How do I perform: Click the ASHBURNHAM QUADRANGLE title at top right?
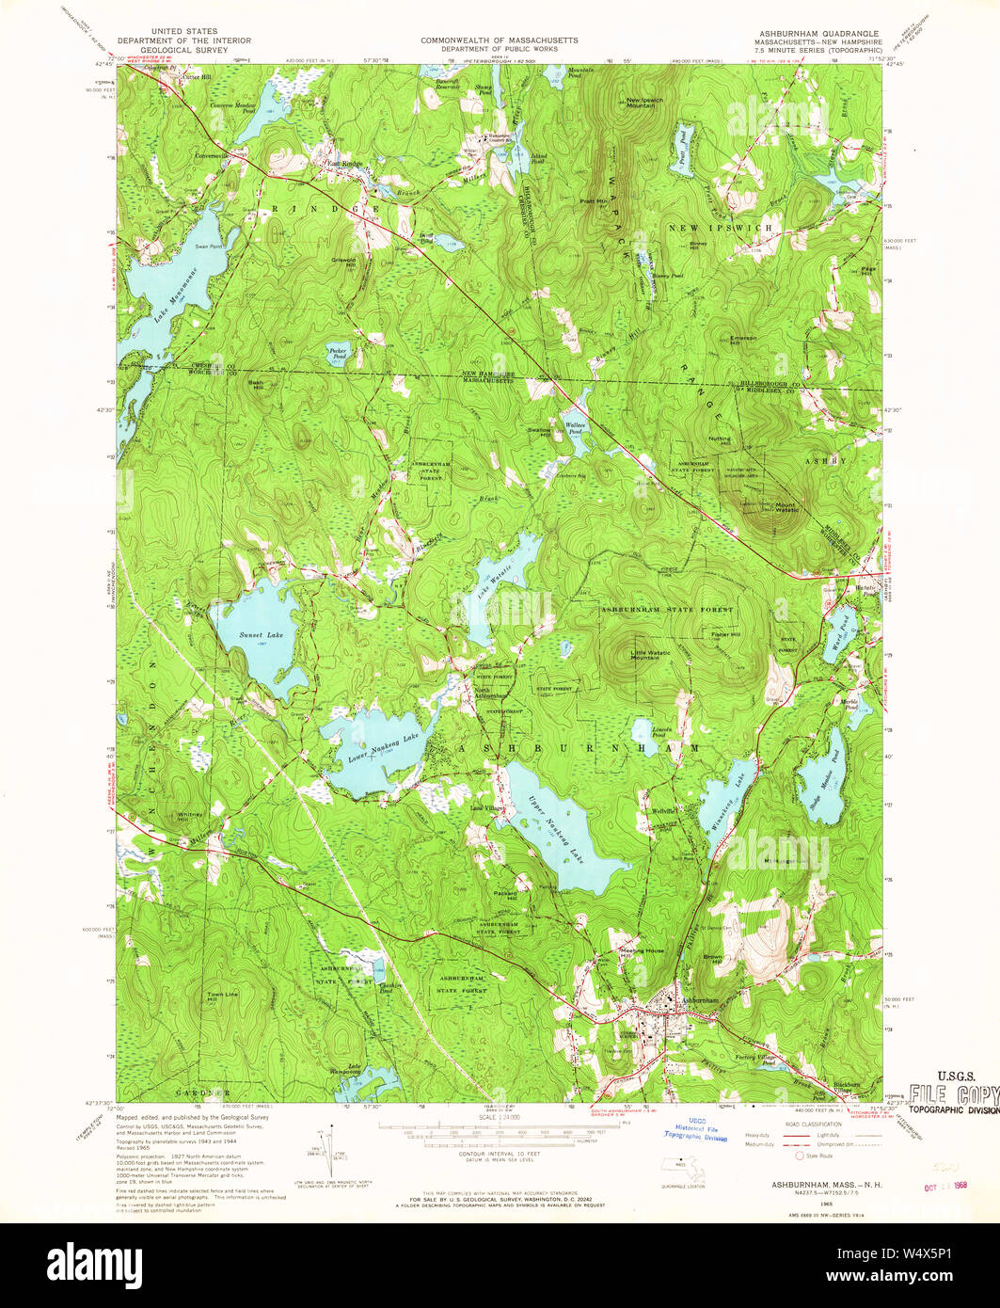coord(815,33)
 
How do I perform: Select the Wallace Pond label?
coord(576,427)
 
